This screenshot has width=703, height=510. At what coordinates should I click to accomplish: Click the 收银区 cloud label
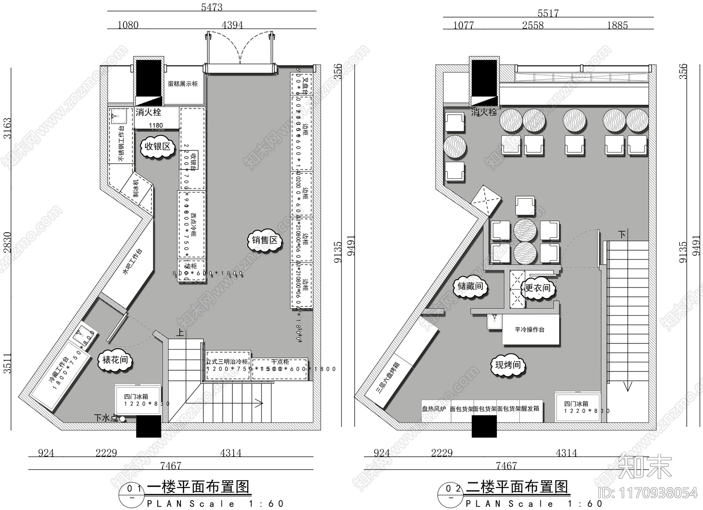click(x=157, y=146)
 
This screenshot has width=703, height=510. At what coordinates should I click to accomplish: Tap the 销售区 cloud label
click(x=265, y=240)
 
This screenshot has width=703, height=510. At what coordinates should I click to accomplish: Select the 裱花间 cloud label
click(x=115, y=360)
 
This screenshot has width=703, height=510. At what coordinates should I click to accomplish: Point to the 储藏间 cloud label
click(x=470, y=287)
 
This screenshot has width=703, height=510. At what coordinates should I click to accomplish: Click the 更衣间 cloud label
click(x=538, y=288)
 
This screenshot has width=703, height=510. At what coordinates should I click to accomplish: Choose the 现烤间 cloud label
click(x=507, y=365)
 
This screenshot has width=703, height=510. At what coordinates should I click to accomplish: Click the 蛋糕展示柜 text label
click(x=183, y=84)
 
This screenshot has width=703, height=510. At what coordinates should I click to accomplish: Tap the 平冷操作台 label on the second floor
click(x=529, y=329)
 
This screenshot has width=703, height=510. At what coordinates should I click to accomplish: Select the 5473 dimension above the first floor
click(x=212, y=7)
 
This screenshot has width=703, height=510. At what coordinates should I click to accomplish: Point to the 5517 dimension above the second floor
click(x=548, y=14)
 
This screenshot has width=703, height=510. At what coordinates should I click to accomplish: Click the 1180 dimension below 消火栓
click(x=156, y=126)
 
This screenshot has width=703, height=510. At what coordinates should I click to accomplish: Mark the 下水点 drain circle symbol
click(x=123, y=419)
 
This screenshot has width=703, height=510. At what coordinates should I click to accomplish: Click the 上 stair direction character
click(x=180, y=333)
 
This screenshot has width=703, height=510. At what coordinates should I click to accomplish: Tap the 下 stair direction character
click(x=622, y=235)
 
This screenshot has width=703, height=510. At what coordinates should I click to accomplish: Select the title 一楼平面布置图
click(x=198, y=487)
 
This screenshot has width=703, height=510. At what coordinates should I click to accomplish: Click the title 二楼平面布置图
click(x=517, y=487)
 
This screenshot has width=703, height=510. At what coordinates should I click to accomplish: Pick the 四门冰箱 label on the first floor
click(x=136, y=397)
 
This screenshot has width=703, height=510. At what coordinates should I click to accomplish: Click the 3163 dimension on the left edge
click(x=8, y=128)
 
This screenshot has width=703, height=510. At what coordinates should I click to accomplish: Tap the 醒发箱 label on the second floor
click(x=530, y=409)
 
